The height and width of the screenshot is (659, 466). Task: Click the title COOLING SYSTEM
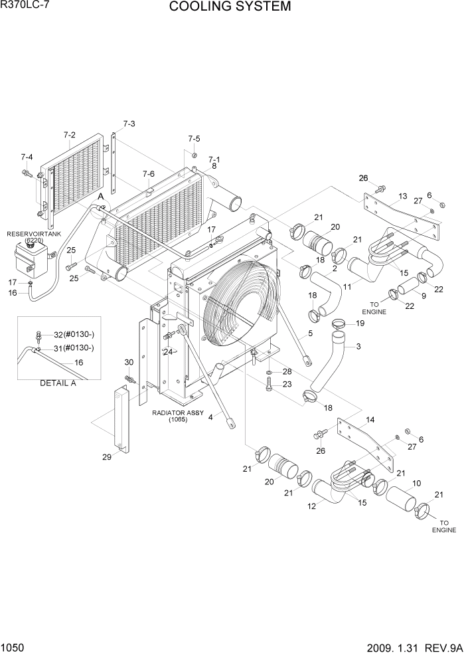(230, 7)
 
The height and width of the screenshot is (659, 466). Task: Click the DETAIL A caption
(58, 383)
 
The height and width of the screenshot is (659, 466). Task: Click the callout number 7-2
(70, 135)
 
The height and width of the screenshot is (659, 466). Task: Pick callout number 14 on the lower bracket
(370, 419)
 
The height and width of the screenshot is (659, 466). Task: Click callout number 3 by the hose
(358, 346)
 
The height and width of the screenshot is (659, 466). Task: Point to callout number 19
(360, 323)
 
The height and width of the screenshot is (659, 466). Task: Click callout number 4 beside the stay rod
(211, 417)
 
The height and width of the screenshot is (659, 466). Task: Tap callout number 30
(129, 362)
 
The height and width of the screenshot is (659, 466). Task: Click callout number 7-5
(193, 139)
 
